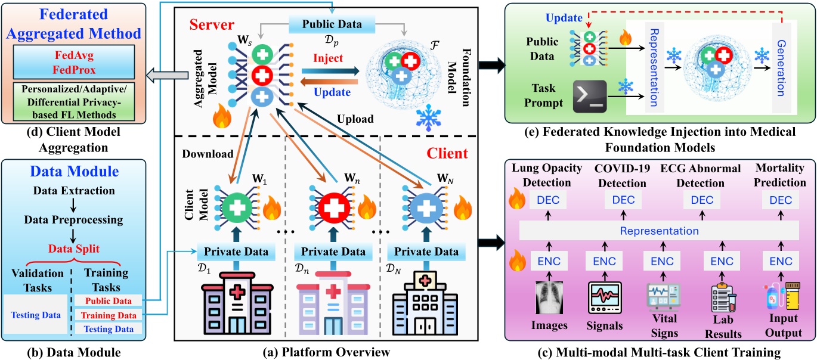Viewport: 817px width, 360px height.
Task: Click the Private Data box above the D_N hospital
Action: pyautogui.click(x=423, y=252)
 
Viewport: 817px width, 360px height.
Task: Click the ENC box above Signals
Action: pyautogui.click(x=604, y=261)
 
